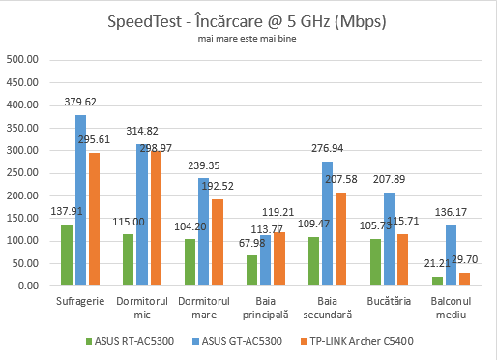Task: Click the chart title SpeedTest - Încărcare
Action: click(x=248, y=22)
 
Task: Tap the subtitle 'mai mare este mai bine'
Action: click(x=248, y=41)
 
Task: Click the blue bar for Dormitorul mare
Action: click(x=203, y=232)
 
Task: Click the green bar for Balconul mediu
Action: click(x=436, y=282)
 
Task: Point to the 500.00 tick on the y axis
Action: click(x=22, y=60)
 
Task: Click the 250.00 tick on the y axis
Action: click(x=22, y=173)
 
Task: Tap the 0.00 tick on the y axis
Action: click(x=28, y=286)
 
